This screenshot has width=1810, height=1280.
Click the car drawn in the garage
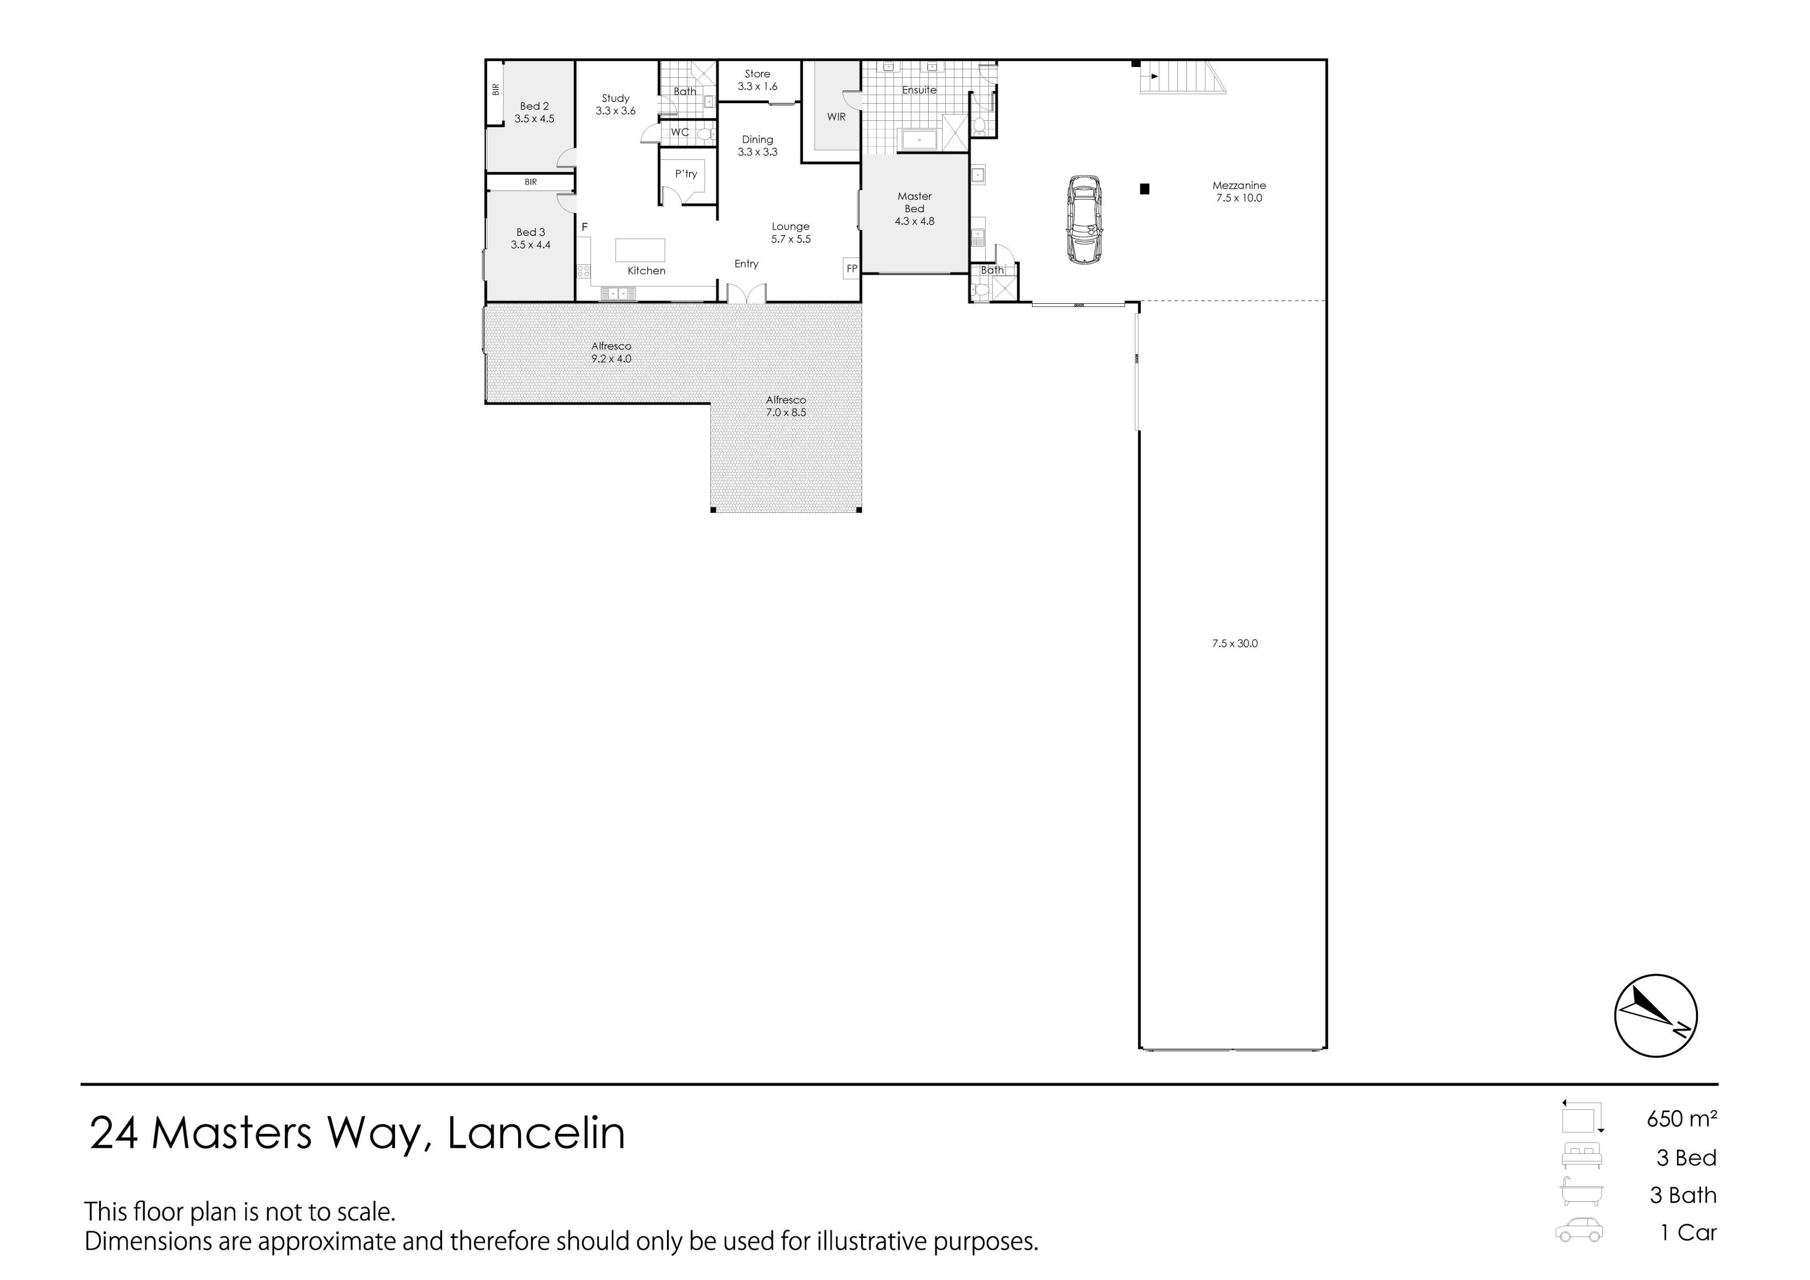click(x=1084, y=219)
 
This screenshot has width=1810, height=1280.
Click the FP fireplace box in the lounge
click(x=851, y=269)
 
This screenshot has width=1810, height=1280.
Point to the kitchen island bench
click(x=640, y=250)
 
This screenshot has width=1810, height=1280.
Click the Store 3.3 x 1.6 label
click(x=757, y=80)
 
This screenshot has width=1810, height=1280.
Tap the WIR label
click(x=836, y=116)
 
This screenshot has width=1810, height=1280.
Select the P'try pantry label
click(x=686, y=174)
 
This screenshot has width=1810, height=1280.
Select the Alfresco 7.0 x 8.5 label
click(x=786, y=406)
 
